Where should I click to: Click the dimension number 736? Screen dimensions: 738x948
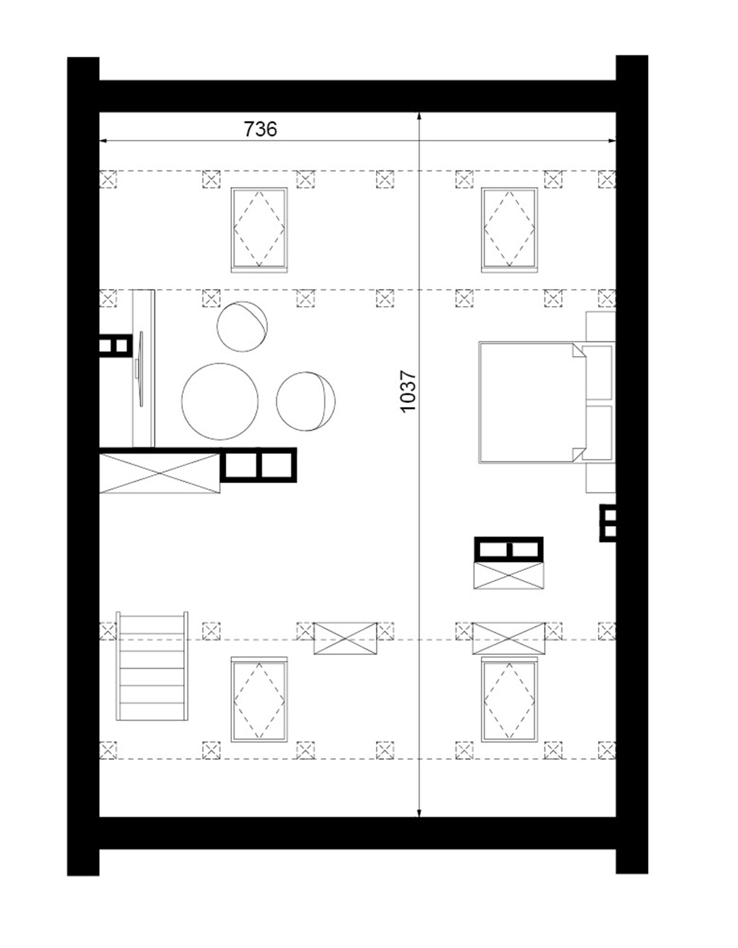[x=260, y=129]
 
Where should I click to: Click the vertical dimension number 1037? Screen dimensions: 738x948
[x=408, y=391]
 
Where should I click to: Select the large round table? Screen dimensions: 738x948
[x=220, y=401]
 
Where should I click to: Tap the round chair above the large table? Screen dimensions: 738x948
[x=242, y=326]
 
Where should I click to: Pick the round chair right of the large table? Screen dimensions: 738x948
[x=306, y=401]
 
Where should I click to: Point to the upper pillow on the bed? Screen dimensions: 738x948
[x=599, y=372]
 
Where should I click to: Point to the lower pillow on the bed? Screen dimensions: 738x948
[x=599, y=433]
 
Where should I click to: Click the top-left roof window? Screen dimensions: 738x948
[x=259, y=230]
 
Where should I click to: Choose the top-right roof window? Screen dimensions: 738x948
[x=509, y=230]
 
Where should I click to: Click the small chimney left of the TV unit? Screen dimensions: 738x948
[x=116, y=346]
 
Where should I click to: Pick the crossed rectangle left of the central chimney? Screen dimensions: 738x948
[x=160, y=473]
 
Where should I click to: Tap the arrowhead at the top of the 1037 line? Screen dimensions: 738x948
[x=419, y=116]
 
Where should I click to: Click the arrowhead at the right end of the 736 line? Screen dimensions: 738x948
[x=612, y=141]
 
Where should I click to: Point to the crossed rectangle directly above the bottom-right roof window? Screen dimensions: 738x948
[x=509, y=638]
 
